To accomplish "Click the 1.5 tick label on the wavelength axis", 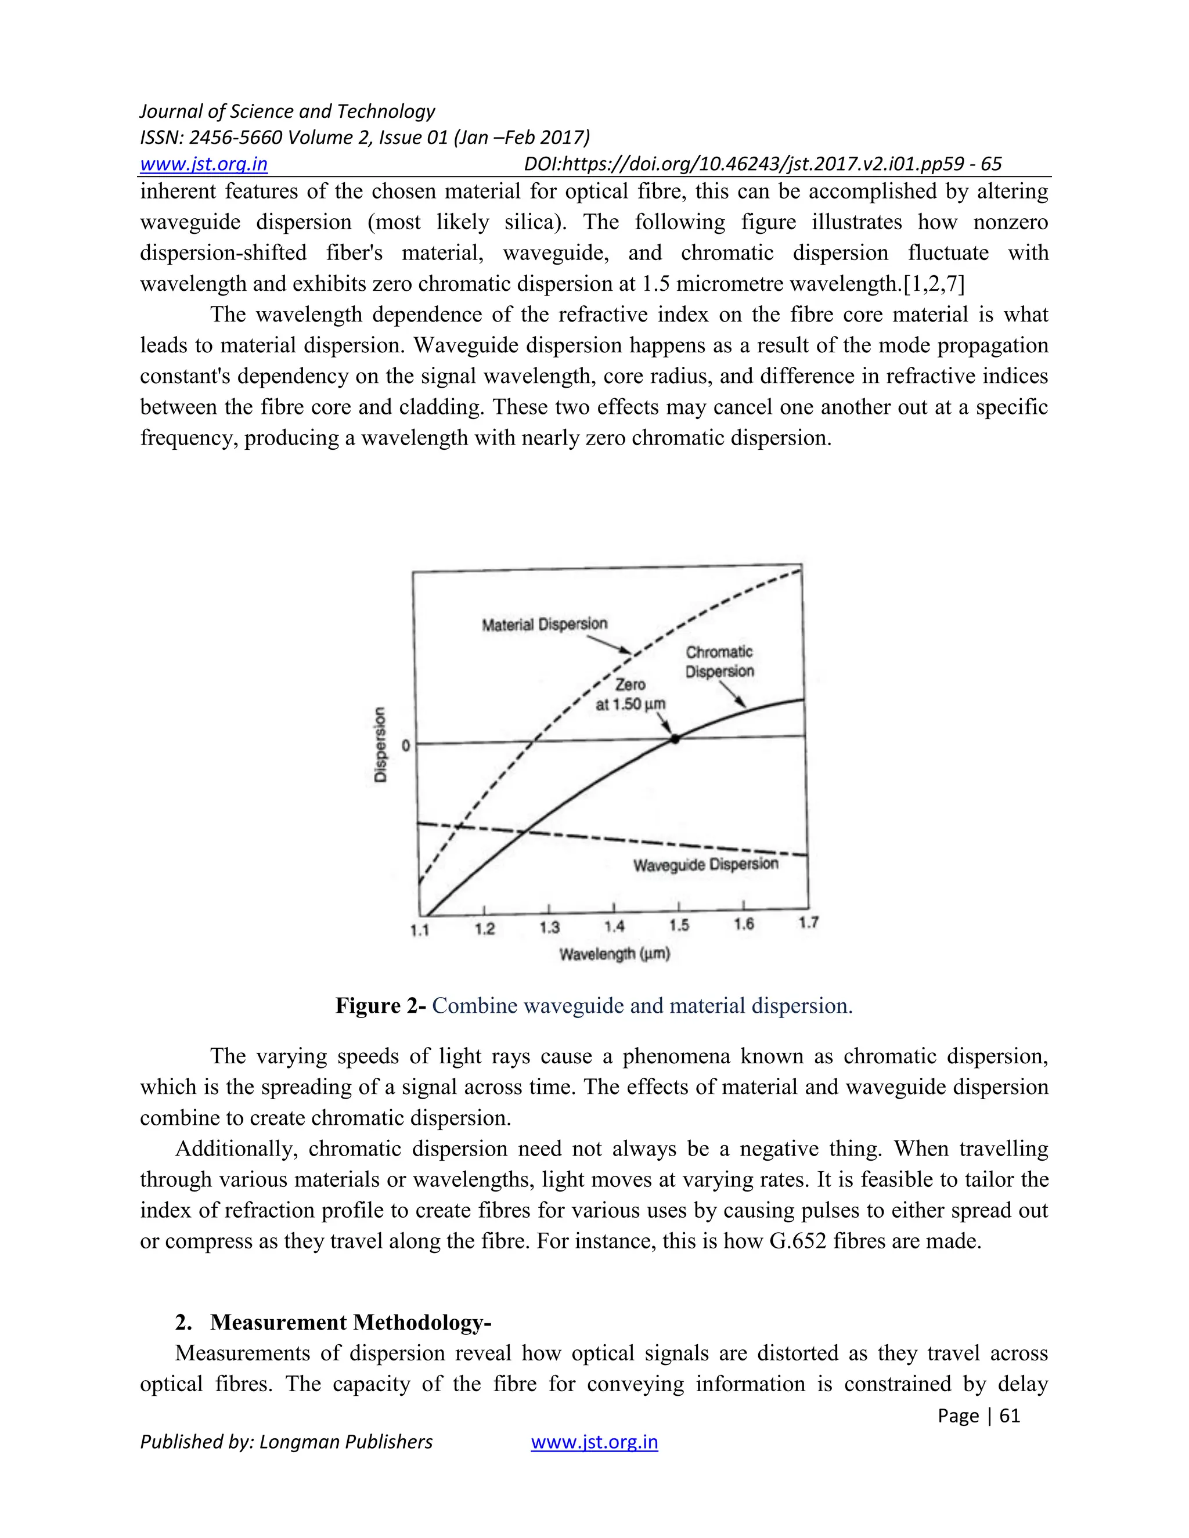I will coord(679,925).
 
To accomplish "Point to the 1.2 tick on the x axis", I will coord(485,928).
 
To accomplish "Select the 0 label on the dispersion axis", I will coord(405,745).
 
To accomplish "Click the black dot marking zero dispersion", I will coord(675,739).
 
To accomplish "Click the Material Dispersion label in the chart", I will coord(544,624).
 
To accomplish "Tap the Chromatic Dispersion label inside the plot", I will coord(719,662).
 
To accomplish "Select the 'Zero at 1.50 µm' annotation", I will coord(630,694).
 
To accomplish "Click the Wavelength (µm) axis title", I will coord(614,954).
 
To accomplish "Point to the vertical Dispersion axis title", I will coord(380,745).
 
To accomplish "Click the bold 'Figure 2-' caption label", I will coord(380,1006).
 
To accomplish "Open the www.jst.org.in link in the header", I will coord(204,164).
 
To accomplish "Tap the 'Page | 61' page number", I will coord(978,1416).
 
